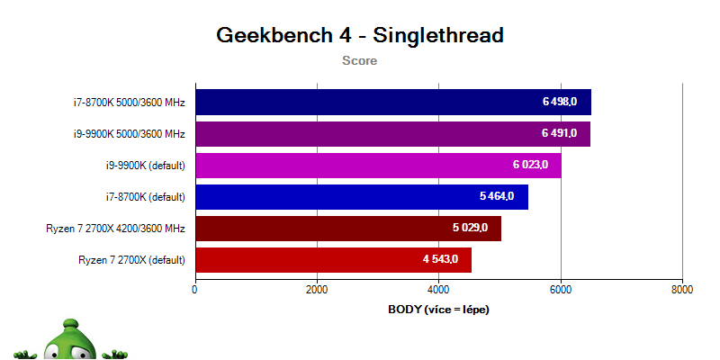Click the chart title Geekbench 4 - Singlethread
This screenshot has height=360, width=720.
click(x=360, y=35)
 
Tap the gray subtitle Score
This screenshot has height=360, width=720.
click(x=359, y=60)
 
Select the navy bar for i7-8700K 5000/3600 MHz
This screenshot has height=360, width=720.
click(x=393, y=102)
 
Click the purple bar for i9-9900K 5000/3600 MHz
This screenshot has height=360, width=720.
click(x=393, y=133)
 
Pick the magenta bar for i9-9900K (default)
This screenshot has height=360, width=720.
click(x=379, y=166)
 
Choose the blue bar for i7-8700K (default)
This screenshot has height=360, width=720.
click(x=362, y=197)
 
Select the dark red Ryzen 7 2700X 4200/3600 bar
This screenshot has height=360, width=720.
click(x=348, y=229)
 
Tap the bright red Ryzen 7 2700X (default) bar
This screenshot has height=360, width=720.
click(x=334, y=260)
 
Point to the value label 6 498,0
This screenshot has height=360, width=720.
click(x=560, y=102)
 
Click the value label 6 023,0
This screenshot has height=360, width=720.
click(x=530, y=165)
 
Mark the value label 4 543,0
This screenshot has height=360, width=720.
click(x=440, y=259)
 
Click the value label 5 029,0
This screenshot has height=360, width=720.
click(x=470, y=229)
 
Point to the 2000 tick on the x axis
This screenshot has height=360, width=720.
click(x=318, y=290)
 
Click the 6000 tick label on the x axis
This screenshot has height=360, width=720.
click(x=561, y=290)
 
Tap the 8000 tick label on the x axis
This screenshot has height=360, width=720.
click(x=682, y=290)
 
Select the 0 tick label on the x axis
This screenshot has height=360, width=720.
click(x=195, y=290)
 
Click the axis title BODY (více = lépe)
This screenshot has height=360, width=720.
click(x=439, y=310)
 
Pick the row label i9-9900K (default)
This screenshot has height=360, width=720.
click(x=145, y=166)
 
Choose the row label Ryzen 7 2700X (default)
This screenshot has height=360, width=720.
click(x=131, y=260)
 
